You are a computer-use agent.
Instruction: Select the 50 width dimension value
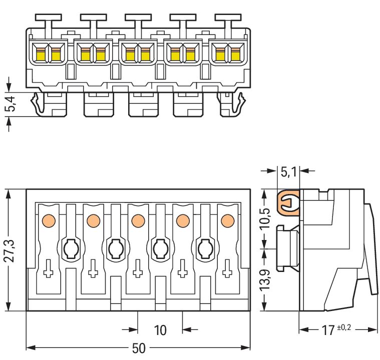[x=138, y=348]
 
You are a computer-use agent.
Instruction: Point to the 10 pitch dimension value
[x=160, y=330]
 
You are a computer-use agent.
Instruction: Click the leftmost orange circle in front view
[x=49, y=220]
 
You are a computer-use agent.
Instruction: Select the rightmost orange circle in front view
[x=228, y=220]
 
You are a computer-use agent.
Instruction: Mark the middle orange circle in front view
[x=138, y=220]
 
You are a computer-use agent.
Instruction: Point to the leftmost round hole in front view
[x=71, y=247]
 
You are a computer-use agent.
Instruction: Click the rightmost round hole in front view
[x=205, y=247]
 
